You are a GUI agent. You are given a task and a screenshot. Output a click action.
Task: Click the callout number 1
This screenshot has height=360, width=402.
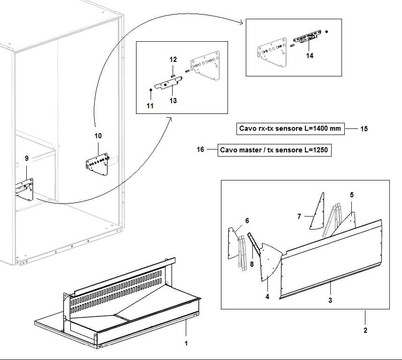[x=186, y=344]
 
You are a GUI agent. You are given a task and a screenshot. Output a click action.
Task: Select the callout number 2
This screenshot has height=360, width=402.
[x=365, y=330]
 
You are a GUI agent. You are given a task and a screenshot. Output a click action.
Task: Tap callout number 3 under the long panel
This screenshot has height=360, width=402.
[x=330, y=300]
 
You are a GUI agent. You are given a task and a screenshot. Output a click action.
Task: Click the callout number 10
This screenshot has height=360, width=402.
[x=98, y=136]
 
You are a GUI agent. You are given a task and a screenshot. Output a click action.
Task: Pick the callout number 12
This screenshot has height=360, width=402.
[x=173, y=60]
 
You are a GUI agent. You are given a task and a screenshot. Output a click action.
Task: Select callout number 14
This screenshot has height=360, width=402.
[x=309, y=55]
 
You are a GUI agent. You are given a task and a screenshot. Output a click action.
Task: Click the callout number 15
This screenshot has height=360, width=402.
[x=364, y=129]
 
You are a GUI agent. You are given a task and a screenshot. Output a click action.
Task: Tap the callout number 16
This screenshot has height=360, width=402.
[x=200, y=150]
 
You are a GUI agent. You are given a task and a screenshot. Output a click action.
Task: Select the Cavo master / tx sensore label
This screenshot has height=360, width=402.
[x=275, y=150]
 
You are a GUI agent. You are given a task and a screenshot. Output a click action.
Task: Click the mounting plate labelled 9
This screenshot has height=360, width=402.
[x=25, y=190]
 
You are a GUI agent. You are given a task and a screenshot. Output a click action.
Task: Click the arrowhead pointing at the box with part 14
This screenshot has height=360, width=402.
[x=242, y=22]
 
